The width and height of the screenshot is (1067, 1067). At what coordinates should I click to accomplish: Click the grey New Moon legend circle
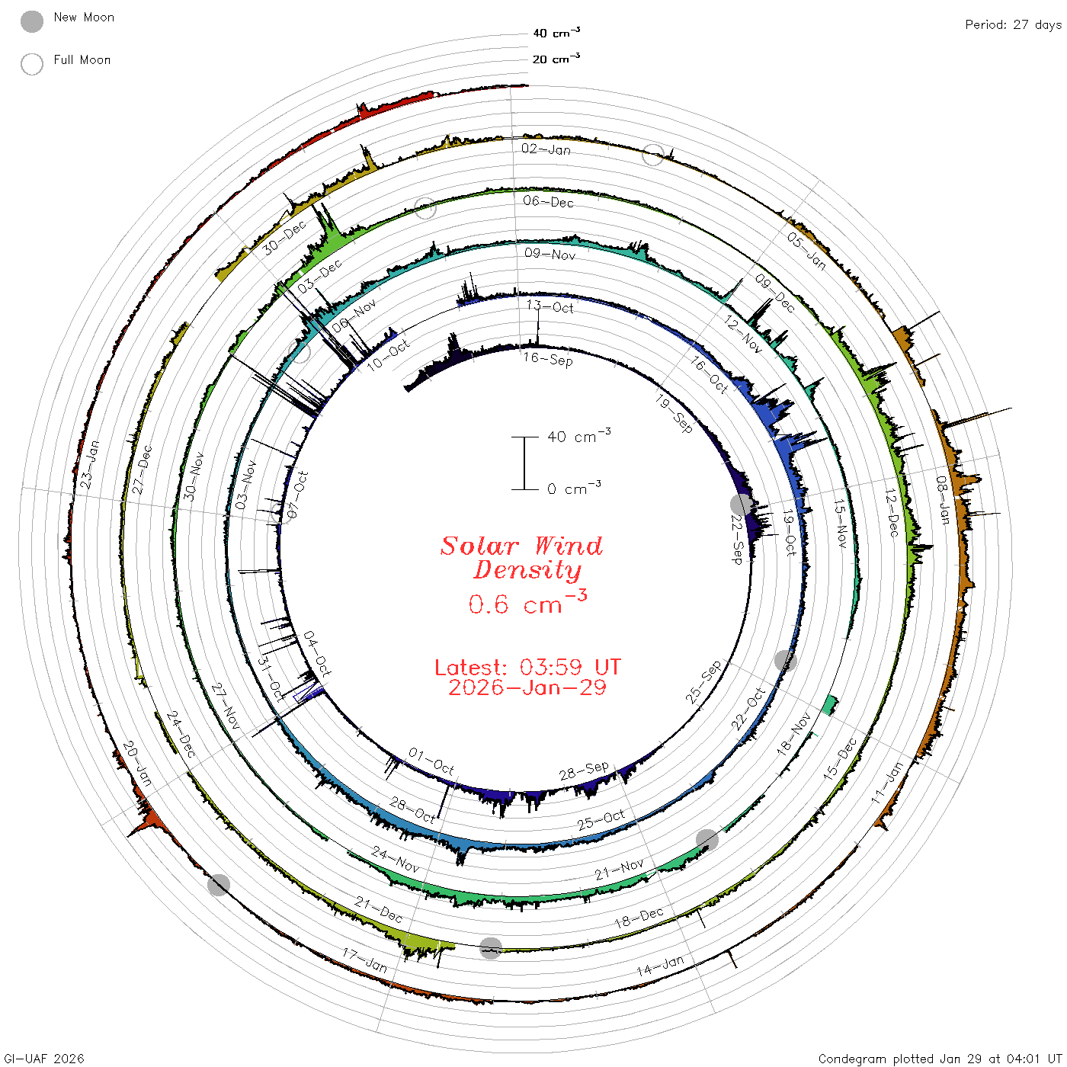coord(31,21)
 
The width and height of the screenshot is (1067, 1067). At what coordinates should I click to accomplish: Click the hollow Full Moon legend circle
coord(31,64)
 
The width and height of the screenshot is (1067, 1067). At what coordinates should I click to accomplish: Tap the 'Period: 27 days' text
coord(1014,25)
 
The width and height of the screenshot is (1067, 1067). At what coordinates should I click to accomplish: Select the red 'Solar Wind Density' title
coord(521,558)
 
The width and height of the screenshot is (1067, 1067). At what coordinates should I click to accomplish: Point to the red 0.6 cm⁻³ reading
coord(527,603)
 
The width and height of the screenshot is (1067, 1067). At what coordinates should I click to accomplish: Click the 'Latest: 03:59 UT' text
coord(527,667)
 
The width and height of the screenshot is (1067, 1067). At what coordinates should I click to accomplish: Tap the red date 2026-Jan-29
coord(527,687)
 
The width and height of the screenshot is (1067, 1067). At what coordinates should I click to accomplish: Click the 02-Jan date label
coord(546,149)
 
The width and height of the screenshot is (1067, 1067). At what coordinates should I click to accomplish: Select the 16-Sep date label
coord(548,359)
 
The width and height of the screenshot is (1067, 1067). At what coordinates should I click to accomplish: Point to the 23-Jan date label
coord(89,465)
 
